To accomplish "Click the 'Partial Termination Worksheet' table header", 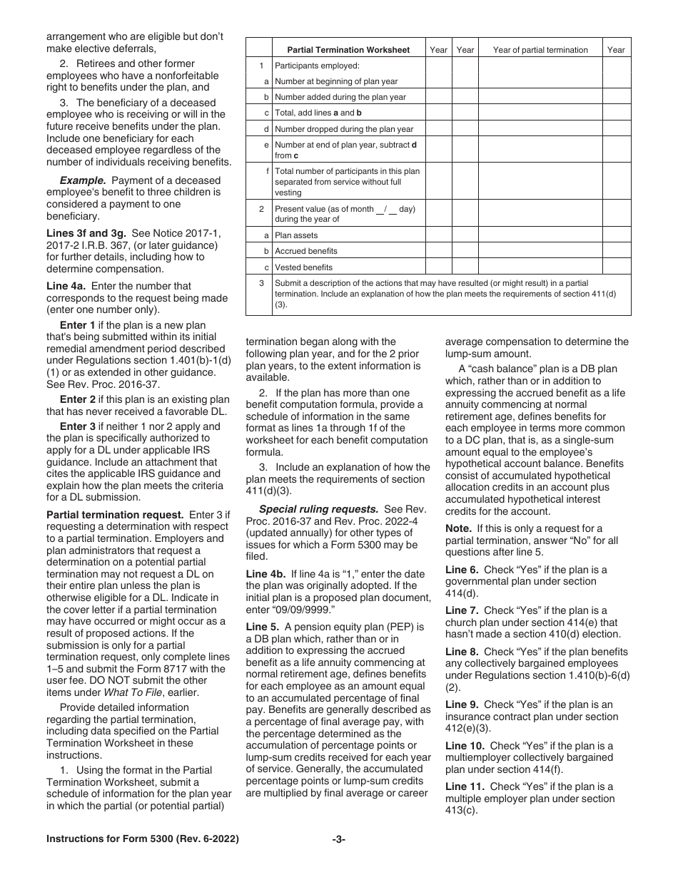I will click(348, 50).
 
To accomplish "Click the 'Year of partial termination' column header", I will click(540, 50).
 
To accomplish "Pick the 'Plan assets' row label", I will click(296, 235).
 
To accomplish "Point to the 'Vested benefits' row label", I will click(303, 267).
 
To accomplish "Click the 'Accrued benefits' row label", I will click(305, 251).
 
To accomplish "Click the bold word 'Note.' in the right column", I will click(458, 528).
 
